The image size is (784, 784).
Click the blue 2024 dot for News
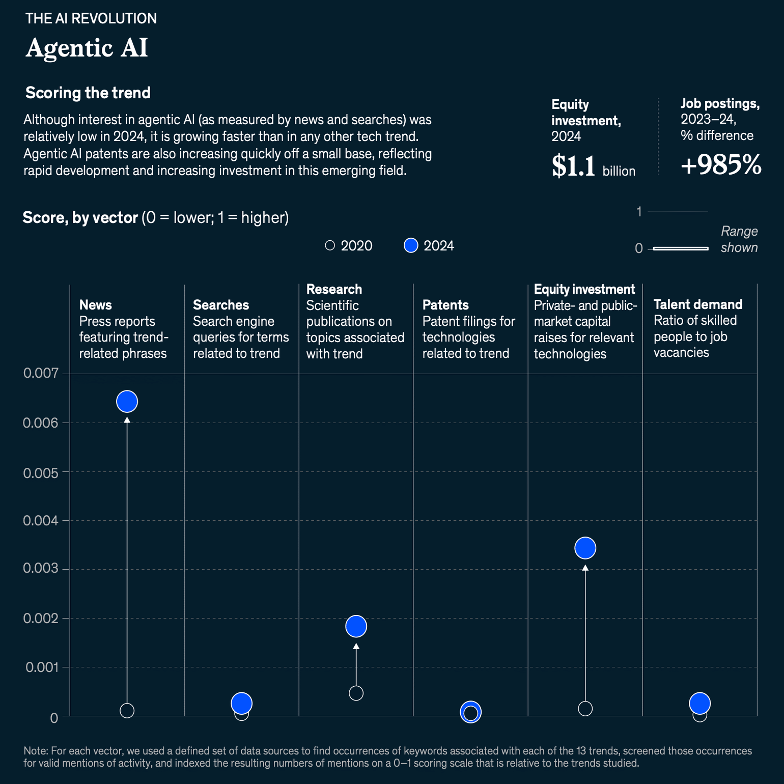tap(127, 401)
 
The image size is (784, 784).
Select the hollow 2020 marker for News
tap(127, 710)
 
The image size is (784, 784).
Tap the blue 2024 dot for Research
tap(356, 626)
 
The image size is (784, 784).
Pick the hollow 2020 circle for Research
tap(356, 693)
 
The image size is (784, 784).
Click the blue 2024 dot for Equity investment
tap(585, 548)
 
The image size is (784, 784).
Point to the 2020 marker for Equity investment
tap(585, 708)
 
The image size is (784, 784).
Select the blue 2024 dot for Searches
tap(241, 703)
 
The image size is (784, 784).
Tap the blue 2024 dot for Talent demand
tap(699, 703)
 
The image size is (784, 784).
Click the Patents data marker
tap(471, 712)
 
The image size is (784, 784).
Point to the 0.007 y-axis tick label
tap(41, 373)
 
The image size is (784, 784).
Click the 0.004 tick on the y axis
tap(41, 521)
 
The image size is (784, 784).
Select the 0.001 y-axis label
tap(42, 667)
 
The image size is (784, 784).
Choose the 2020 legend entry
tap(349, 246)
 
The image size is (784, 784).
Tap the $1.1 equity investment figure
tap(574, 166)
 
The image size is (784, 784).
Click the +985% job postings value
tap(721, 165)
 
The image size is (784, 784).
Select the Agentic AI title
tap(87, 48)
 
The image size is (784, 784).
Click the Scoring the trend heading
tap(88, 93)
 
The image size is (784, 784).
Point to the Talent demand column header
tap(697, 304)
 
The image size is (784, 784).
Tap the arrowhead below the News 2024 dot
tap(127, 420)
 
